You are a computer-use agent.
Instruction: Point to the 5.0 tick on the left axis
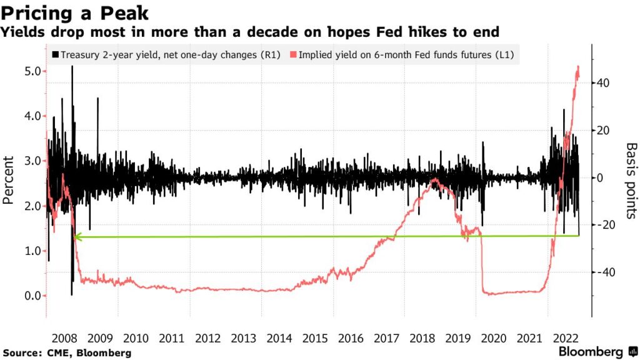32,71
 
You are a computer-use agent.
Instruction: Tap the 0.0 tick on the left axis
32,296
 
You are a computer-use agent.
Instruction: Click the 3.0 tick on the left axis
32,161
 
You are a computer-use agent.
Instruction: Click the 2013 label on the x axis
243,339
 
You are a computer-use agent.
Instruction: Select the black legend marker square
55,55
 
